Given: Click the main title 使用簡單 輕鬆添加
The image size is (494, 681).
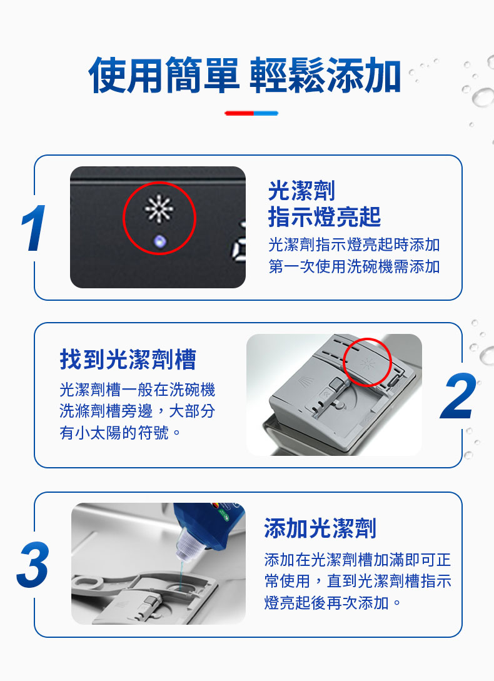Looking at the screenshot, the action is pos(244,74).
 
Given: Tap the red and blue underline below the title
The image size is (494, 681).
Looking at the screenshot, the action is pos(251,113).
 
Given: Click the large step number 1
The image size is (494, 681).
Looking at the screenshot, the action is pos(34,228).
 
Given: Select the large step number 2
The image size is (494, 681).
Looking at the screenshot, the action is pos(458,395).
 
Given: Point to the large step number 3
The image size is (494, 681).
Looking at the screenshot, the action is pos(33,564).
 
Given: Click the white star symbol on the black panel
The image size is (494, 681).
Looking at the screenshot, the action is pos(159,208).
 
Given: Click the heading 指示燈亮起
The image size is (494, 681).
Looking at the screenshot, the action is pos(324,217).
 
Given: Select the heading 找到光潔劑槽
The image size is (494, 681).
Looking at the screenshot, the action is pos(128,359).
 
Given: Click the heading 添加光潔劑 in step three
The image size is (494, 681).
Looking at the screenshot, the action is pos(320,528).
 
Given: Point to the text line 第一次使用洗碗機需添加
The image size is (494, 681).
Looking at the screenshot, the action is pos(354,266).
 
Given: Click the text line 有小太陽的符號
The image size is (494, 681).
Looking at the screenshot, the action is pos(120,432).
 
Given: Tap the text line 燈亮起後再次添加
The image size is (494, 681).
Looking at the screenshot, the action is pos(333,602).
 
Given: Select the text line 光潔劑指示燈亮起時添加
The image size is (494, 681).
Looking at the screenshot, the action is pos(354,245).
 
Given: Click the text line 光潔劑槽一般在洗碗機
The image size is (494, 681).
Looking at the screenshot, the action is pos(138,390).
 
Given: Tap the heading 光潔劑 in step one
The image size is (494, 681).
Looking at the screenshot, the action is pos(301,191).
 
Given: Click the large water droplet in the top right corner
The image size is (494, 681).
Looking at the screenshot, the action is pos(483,96).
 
